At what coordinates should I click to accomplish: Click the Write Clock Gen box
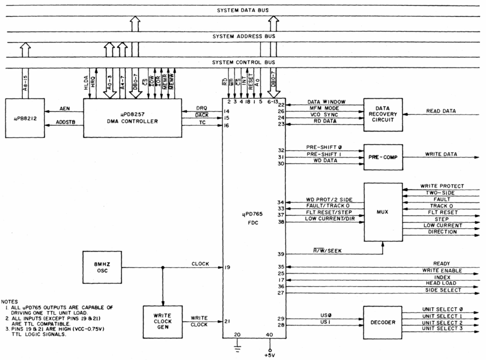[x=162, y=322]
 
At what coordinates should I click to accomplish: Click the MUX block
[x=383, y=213]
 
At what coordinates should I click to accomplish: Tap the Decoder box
[x=383, y=322]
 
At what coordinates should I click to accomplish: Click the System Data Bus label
[x=242, y=11]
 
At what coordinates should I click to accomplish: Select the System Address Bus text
[x=242, y=36]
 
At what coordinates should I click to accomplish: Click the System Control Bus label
[x=242, y=62]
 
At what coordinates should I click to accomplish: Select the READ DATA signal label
[x=441, y=111]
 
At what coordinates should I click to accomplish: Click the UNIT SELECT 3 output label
[x=442, y=328]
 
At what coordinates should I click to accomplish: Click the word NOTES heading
[x=10, y=301]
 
